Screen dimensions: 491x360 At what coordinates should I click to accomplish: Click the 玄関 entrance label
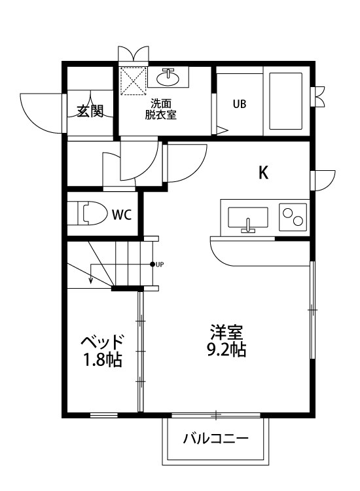point(90,111)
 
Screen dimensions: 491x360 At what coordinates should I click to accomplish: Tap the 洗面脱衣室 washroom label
point(160,109)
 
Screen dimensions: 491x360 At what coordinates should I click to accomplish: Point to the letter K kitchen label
point(263,173)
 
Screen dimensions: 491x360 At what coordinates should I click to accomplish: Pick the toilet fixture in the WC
point(92,213)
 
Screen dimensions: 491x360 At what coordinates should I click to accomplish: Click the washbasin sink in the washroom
point(168,77)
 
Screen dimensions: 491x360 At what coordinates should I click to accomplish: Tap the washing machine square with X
point(133,82)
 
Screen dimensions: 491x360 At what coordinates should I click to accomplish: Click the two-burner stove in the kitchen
point(293,216)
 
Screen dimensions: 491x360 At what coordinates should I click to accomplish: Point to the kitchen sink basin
point(248,217)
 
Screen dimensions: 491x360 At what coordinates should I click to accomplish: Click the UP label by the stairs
point(160,264)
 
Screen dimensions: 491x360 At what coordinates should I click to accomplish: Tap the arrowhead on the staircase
point(90,281)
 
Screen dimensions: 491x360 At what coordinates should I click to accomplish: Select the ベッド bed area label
point(102,341)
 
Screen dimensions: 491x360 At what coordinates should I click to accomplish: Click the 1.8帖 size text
point(102,359)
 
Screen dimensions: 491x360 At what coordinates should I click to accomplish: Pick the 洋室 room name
point(226,331)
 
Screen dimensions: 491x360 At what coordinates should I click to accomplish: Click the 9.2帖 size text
point(226,350)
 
